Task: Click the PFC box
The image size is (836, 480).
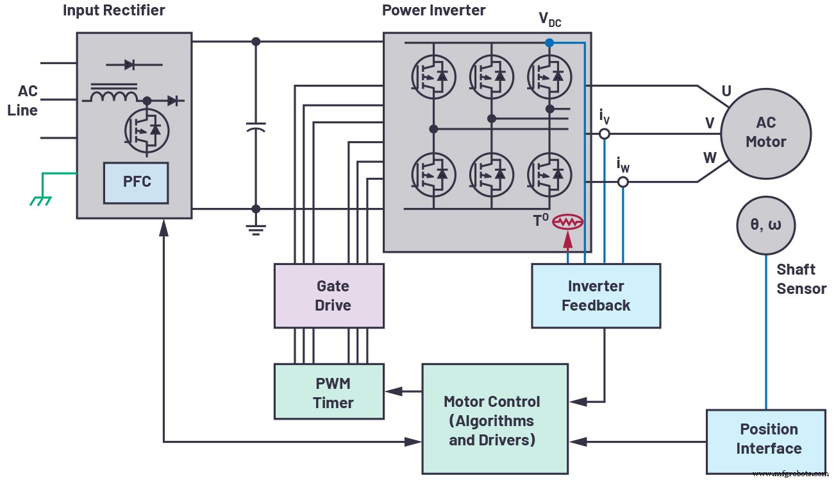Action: [x=137, y=182]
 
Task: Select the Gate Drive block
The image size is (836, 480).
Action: [x=329, y=296]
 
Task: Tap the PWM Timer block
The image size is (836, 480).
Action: [x=329, y=393]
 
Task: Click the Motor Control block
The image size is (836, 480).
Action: [x=494, y=420]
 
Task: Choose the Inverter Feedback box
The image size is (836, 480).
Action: [x=596, y=296]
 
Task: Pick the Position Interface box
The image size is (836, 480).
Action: [x=765, y=439]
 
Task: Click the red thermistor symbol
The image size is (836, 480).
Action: [x=568, y=222]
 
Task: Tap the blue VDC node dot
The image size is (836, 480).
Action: [x=549, y=42]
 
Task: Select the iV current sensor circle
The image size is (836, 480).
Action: [x=604, y=134]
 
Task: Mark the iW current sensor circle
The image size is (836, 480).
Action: [x=623, y=182]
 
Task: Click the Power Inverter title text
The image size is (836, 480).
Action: [x=433, y=10]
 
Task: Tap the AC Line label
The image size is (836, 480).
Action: [x=23, y=100]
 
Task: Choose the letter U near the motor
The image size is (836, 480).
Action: [x=726, y=91]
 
